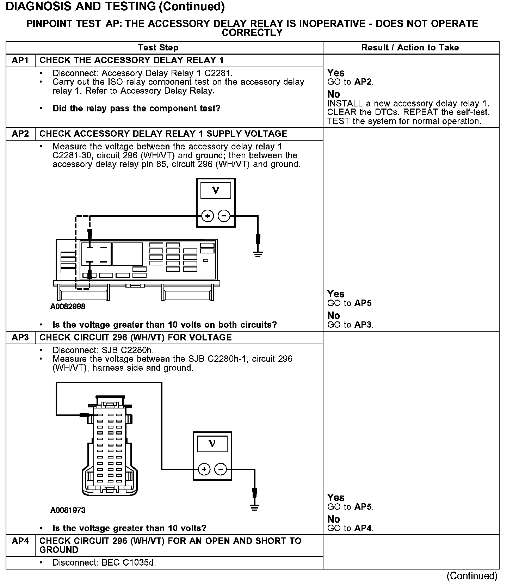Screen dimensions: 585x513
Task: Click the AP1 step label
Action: pyautogui.click(x=20, y=60)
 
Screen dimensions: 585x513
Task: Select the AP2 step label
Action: pyautogui.click(x=20, y=134)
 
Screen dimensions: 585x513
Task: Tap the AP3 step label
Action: pyautogui.click(x=20, y=338)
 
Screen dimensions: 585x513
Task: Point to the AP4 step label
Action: pyautogui.click(x=20, y=541)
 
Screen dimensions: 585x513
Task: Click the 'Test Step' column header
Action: pyautogui.click(x=158, y=48)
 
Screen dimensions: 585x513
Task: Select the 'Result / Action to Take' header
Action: pyautogui.click(x=410, y=48)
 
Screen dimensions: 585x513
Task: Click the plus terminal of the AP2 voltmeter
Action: pyautogui.click(x=208, y=216)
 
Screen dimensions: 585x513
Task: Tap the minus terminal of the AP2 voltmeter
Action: pyautogui.click(x=224, y=216)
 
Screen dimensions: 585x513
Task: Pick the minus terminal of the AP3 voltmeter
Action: pyautogui.click(x=221, y=469)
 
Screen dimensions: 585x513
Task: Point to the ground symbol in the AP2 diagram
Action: pyautogui.click(x=258, y=254)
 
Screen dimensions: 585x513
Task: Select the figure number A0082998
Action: pyautogui.click(x=68, y=307)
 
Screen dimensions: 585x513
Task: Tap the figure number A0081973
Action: pyautogui.click(x=68, y=510)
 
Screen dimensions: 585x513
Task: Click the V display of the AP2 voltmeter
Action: pyautogui.click(x=216, y=191)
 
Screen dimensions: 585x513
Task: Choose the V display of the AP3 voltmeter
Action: pyautogui.click(x=212, y=444)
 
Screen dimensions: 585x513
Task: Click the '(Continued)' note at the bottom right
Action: pyautogui.click(x=472, y=576)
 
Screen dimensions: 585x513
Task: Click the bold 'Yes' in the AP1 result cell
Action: pyautogui.click(x=335, y=73)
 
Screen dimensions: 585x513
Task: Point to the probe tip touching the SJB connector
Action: pyautogui.click(x=85, y=415)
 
